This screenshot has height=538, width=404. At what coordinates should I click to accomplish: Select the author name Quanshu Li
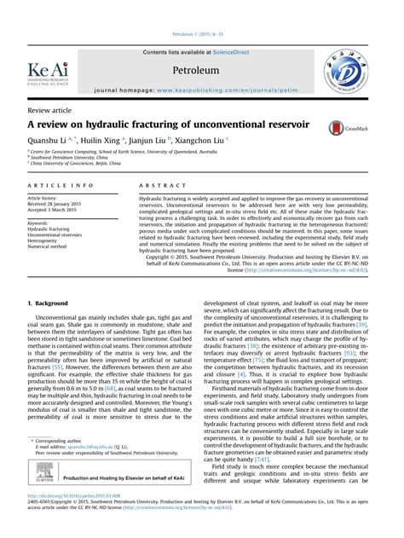(49, 142)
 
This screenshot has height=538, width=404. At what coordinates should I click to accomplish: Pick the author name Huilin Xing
(106, 142)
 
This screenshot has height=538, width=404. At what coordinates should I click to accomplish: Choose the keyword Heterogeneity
(47, 240)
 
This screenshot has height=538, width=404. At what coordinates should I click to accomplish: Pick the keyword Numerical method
(50, 246)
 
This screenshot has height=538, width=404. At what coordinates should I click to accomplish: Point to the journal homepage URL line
(202, 89)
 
